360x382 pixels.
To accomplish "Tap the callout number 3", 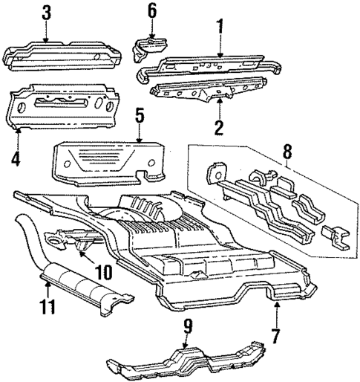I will tap(46, 13).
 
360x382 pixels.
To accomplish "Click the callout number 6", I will tap(152, 10).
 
